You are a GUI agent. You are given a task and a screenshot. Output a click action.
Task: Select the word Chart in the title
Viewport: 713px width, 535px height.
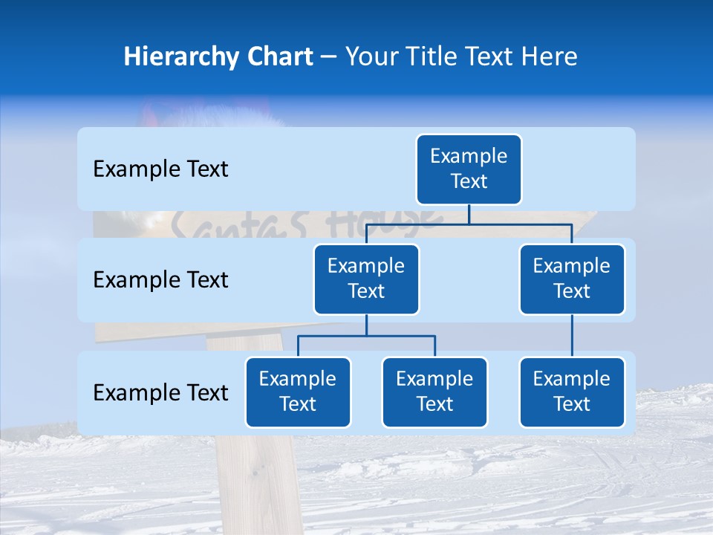pos(277,57)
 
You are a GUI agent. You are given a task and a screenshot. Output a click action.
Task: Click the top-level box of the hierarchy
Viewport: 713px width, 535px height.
pos(469,169)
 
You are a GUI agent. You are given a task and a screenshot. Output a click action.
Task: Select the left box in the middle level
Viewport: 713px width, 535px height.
pos(366,279)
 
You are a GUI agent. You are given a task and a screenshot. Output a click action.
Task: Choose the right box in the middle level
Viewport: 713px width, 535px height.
pos(572,279)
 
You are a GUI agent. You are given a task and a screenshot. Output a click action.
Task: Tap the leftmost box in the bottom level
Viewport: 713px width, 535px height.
pos(298,392)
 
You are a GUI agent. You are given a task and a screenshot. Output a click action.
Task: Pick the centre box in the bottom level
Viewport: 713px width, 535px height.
pos(434,392)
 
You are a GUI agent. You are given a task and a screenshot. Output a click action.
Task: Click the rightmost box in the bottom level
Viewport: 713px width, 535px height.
pos(572,392)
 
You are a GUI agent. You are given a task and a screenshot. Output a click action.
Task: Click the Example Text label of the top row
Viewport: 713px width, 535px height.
pos(160,169)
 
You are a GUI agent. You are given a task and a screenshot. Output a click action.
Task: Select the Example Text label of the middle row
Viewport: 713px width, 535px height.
pos(160,280)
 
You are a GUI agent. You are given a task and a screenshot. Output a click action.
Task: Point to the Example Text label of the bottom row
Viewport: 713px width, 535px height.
pos(160,393)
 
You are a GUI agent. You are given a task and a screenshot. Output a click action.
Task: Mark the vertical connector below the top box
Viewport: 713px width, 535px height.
pos(469,214)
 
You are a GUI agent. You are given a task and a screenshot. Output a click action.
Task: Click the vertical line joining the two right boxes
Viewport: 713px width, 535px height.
pos(572,336)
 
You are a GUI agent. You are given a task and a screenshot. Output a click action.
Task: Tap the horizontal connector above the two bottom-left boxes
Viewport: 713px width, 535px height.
pos(366,336)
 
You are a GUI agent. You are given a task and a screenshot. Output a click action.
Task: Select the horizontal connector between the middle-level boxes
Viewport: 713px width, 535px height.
pos(469,224)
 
